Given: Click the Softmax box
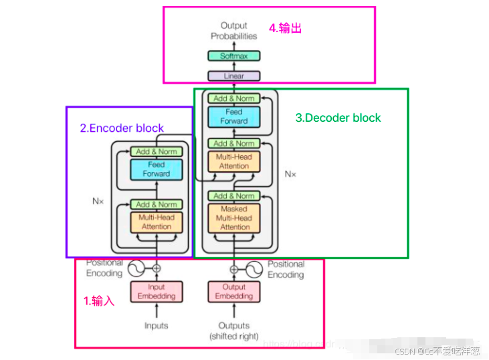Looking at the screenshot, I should coord(233,56).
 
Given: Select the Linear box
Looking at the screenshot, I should coord(233,76).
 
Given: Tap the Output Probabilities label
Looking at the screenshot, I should coord(233,31).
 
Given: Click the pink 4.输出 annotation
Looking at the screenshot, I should coord(286,28).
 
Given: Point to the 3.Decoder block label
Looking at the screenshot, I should coord(338,118).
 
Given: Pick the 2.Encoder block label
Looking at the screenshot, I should coord(122,128).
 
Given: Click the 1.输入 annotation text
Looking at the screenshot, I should coord(99,301).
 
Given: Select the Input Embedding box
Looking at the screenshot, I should coord(157,292).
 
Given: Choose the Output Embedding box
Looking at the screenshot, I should coord(234,292).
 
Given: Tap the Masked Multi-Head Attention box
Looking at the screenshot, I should coord(234,218).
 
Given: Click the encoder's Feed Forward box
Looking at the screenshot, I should coord(157,169).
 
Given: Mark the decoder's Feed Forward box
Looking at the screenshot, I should coord(234,116).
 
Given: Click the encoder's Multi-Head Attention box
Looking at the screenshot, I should coord(157,222).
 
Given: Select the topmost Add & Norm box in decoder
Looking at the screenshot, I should coord(234,98).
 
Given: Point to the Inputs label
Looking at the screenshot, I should coord(157,326).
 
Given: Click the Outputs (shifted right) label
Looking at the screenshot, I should coord(234,331).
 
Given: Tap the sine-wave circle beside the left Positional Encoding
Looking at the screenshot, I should coord(137,269).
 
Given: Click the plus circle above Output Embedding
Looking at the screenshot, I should coord(234,269).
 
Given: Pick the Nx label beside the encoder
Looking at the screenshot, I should coord(98,200).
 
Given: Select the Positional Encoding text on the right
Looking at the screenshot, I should coord(286,269).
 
